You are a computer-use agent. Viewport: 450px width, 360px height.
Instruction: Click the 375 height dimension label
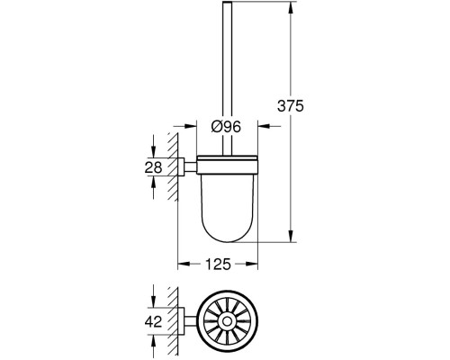291,106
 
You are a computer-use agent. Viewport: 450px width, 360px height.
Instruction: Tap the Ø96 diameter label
226,127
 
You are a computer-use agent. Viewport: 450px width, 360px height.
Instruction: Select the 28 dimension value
153,167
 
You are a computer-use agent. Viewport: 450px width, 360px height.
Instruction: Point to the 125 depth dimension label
218,265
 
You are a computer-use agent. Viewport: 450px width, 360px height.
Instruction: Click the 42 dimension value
153,322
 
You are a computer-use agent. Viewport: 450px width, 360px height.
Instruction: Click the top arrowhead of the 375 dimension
291,8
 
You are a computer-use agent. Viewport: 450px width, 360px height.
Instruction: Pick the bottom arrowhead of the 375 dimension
291,236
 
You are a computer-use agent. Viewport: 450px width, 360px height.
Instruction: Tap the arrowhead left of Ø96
190,126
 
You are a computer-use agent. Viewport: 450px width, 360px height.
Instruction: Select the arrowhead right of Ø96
264,126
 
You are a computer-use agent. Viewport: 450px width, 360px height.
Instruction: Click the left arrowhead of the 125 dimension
184,264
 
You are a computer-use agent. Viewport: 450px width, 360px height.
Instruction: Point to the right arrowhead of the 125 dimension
252,264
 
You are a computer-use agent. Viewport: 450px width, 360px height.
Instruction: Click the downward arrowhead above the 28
153,152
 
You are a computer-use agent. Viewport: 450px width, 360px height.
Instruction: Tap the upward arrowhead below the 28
153,182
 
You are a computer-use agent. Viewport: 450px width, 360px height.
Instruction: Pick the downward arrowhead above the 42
153,301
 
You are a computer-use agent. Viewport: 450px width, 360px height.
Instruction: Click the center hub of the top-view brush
227,321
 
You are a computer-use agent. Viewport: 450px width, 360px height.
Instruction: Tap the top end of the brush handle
227,3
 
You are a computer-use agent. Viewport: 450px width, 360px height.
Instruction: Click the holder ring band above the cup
227,165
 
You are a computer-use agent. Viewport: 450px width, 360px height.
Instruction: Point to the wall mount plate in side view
181,166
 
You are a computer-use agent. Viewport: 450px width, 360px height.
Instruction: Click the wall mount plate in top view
181,321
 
